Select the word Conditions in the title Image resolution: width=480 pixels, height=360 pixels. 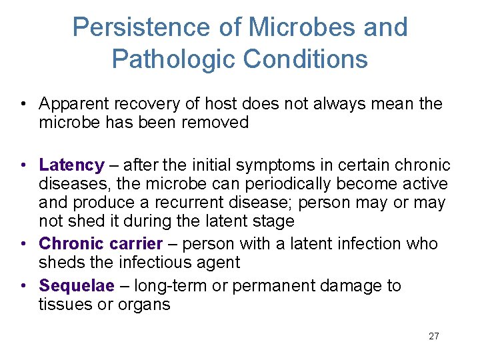[x=305, y=59]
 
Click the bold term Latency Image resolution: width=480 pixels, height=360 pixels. [x=71, y=165]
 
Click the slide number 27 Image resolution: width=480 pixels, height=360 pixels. [x=434, y=336]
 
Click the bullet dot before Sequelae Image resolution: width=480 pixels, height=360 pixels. [x=23, y=286]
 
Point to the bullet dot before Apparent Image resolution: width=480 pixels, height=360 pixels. [x=23, y=104]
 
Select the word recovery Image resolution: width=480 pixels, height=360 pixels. [x=141, y=104]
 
